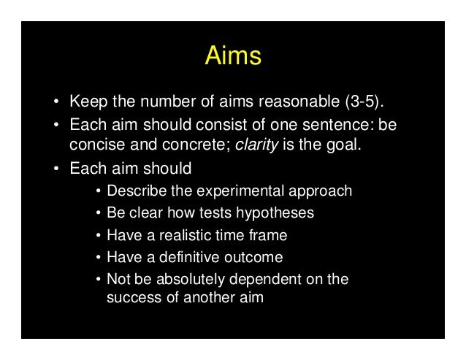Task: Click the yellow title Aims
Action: [232, 56]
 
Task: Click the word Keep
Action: [86, 99]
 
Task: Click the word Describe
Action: [136, 191]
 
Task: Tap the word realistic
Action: [173, 235]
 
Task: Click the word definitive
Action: [172, 257]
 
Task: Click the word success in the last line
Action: [130, 297]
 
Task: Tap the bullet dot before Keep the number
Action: [56, 100]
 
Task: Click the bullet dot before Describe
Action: [98, 192]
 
